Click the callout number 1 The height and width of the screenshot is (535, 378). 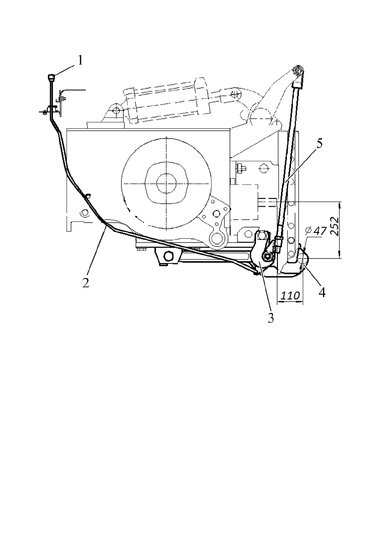point(80,60)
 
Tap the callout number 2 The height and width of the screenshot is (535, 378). point(85,283)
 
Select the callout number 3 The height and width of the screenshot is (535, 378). point(270,317)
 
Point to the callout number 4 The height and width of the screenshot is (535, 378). point(322,292)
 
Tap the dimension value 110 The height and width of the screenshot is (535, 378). point(290,296)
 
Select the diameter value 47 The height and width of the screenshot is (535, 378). point(320,231)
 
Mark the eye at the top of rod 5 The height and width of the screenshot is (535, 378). point(299,70)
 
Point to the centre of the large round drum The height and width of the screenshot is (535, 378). point(166,184)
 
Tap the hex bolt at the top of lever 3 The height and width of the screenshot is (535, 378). point(261,235)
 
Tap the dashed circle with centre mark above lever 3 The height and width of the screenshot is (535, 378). point(263,167)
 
